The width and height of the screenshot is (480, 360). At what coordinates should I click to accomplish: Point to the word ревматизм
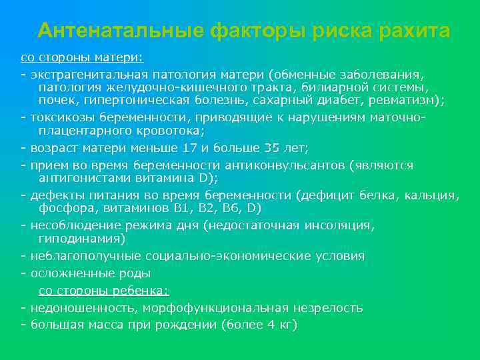407,100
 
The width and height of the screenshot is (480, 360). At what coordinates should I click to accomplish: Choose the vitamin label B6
228,209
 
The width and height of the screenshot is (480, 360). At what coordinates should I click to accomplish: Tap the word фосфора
63,209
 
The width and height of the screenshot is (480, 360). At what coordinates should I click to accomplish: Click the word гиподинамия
82,239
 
